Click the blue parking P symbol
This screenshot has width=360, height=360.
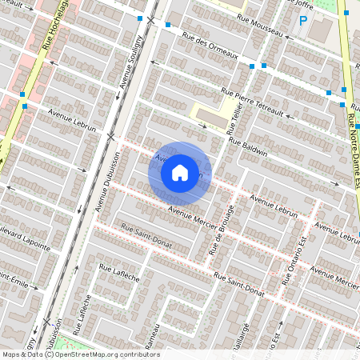[x=303, y=21]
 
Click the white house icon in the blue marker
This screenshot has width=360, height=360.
[x=180, y=172]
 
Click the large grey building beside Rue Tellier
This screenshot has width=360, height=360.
[x=212, y=118]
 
